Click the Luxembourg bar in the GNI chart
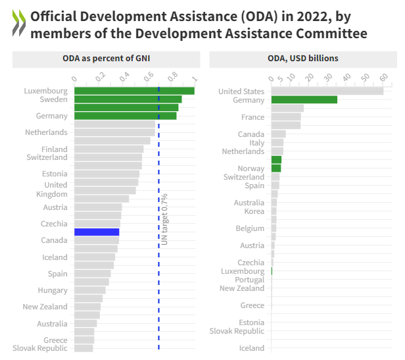[x=134, y=91]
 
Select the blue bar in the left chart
[x=97, y=232]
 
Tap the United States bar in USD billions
[x=327, y=91]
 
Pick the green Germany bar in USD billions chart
[x=304, y=99]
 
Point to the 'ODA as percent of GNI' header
[x=106, y=59]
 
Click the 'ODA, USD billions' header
[x=303, y=59]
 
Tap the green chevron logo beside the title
[x=20, y=24]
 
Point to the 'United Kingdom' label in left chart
[x=51, y=190]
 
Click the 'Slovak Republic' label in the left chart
[x=40, y=348]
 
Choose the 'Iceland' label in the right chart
[x=251, y=348]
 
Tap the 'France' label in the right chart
[x=252, y=117]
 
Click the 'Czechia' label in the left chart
[x=54, y=224]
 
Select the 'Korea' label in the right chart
[x=254, y=211]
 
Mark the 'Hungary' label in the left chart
[x=53, y=290]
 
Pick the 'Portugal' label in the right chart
[x=249, y=280]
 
